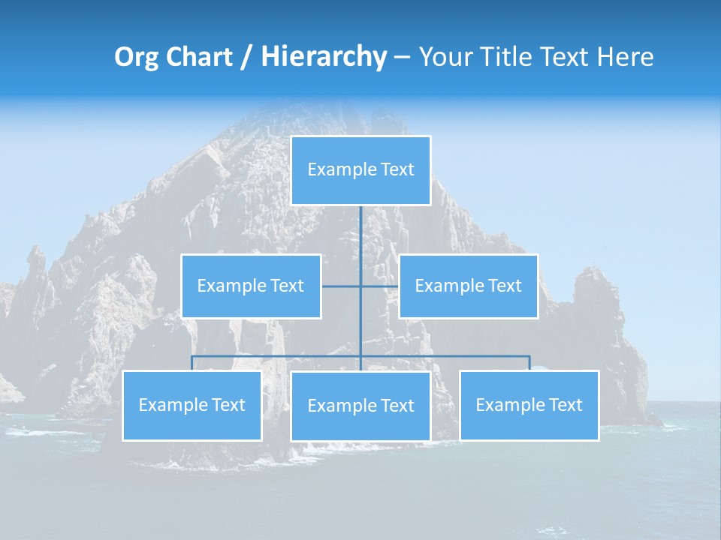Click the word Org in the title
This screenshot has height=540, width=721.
(137, 57)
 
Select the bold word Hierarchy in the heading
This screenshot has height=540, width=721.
(324, 57)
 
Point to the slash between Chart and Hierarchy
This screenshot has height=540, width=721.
(246, 57)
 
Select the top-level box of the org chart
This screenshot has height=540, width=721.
(360, 170)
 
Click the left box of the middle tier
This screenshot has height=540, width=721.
(251, 286)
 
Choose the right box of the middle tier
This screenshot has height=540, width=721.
(468, 286)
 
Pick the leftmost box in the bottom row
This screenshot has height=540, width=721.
(192, 405)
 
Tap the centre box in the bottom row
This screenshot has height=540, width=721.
(360, 406)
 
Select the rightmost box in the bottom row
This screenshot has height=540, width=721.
(529, 405)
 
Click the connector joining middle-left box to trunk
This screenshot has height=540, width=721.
(341, 286)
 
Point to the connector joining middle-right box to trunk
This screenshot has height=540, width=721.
(380, 286)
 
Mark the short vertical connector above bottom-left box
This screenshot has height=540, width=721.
(192, 363)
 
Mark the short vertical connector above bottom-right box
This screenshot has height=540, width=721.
(529, 363)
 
